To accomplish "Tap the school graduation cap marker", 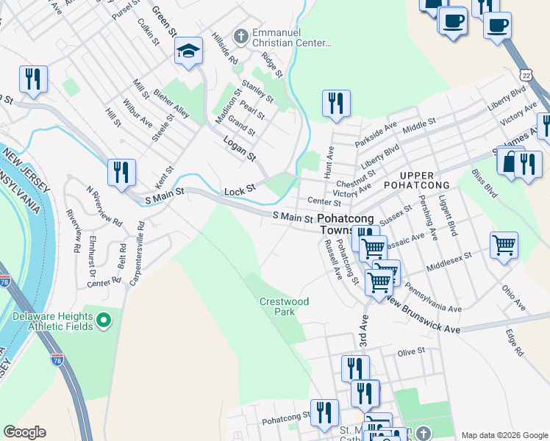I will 188,51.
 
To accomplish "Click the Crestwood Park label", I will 284,306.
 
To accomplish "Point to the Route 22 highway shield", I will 524,75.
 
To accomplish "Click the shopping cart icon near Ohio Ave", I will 504,245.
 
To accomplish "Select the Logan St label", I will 240,156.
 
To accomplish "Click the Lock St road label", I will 239,190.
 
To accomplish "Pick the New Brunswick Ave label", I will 423,315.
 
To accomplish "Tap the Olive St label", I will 411,352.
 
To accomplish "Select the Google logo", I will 24,432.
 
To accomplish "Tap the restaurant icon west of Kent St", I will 121,172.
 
